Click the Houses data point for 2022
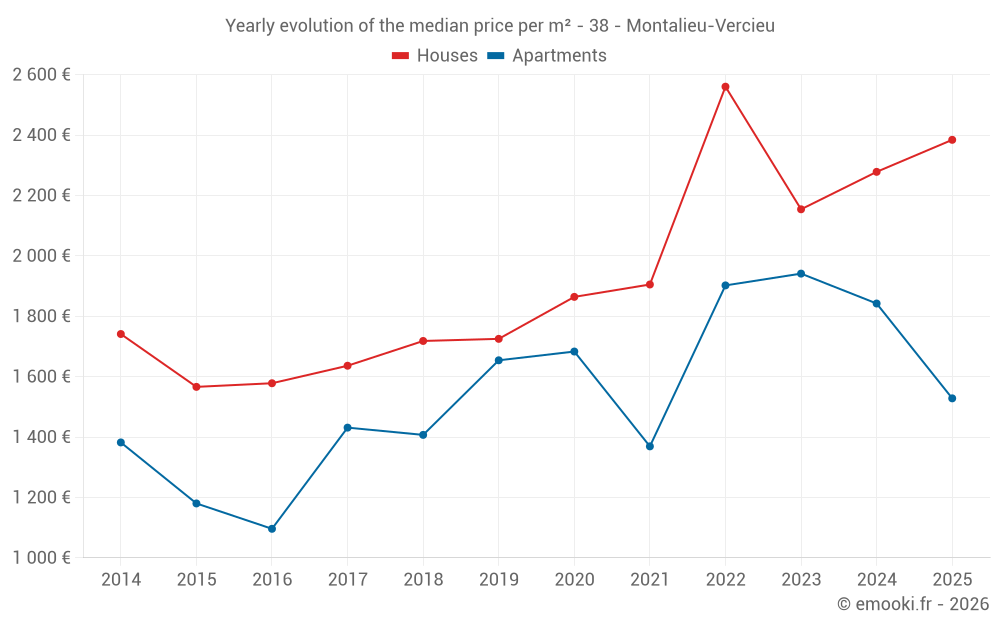tap(725, 87)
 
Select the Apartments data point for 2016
tap(272, 529)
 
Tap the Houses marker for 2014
tap(121, 334)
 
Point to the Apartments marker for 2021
tap(650, 446)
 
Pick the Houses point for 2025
tap(952, 140)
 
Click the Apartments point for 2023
tap(801, 274)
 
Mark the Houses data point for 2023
tap(801, 209)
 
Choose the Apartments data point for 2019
tap(499, 360)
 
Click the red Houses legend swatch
tap(401, 56)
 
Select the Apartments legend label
tap(559, 56)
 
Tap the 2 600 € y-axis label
tap(41, 75)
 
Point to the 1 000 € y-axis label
tap(41, 558)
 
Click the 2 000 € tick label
tap(41, 256)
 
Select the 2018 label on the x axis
tap(423, 580)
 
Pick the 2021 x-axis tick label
tap(650, 580)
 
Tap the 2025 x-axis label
tap(952, 580)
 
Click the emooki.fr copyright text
tap(913, 604)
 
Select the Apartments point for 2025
tap(952, 399)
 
